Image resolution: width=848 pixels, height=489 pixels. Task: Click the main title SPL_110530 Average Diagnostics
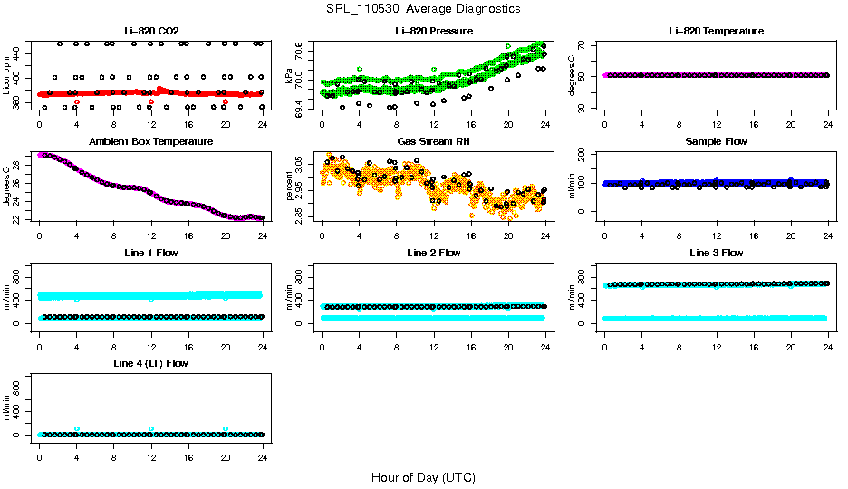pyautogui.click(x=423, y=8)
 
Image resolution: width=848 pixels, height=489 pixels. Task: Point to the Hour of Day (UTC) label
pyautogui.click(x=423, y=477)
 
